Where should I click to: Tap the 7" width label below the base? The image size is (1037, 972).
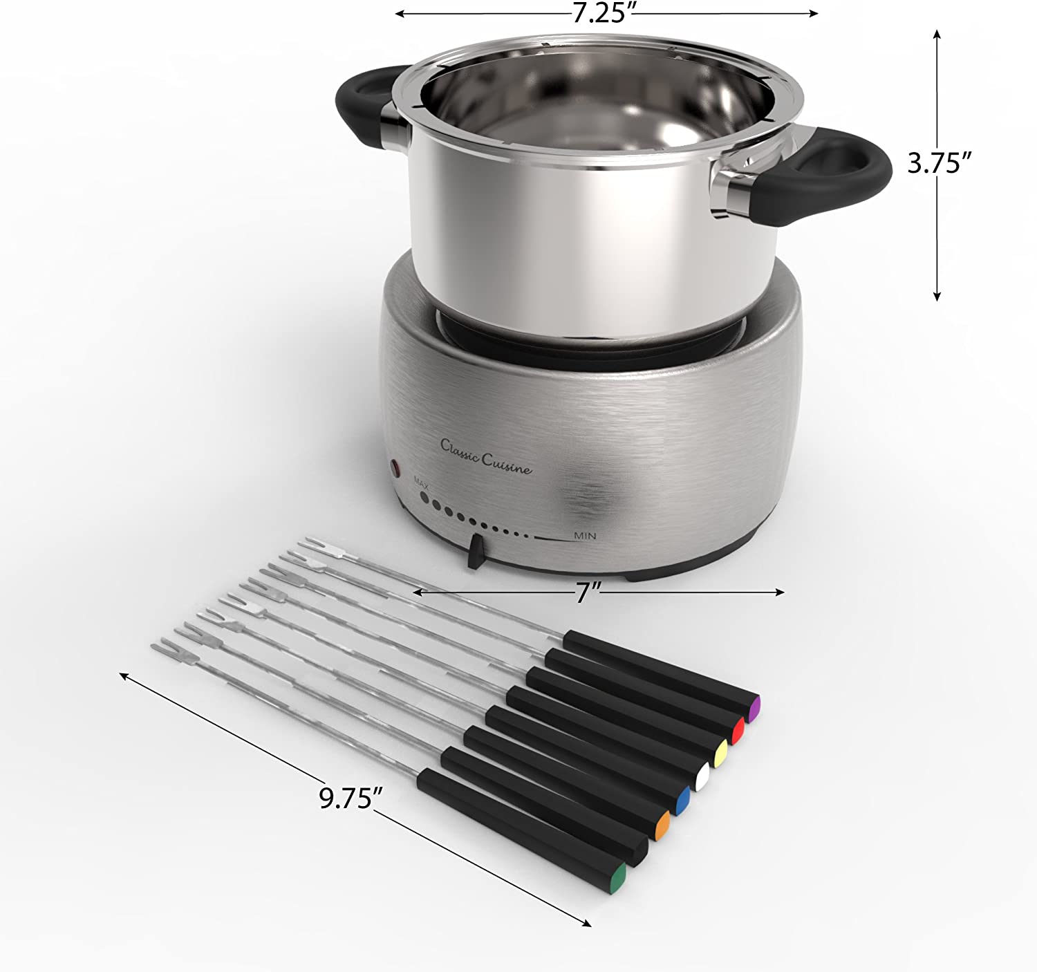590,593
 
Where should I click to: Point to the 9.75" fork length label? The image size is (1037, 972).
351,798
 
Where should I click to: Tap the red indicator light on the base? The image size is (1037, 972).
395,468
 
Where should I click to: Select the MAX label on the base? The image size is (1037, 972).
421,481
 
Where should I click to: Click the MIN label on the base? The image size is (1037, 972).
585,535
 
